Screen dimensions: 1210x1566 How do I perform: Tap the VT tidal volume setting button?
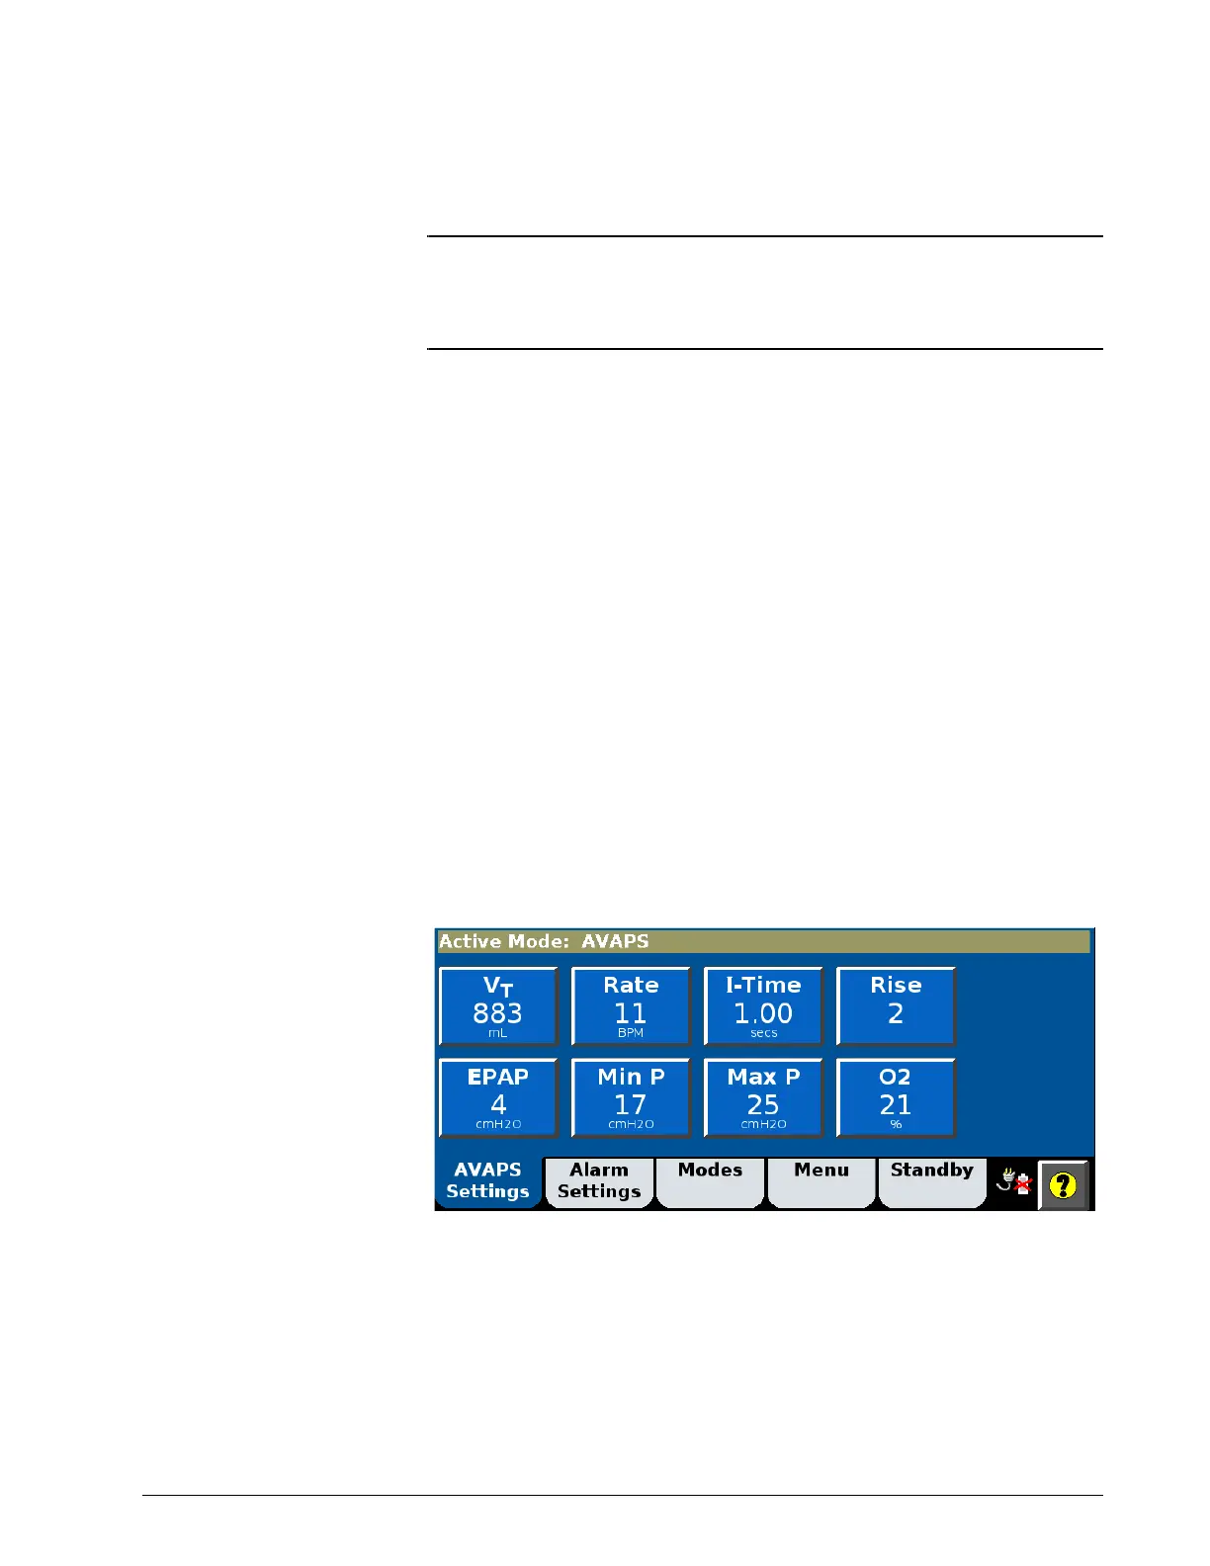click(498, 1005)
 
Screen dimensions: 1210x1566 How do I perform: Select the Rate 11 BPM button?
click(631, 1005)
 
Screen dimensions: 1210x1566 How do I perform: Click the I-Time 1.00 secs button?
click(763, 1005)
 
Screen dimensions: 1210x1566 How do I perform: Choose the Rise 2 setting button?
click(896, 1005)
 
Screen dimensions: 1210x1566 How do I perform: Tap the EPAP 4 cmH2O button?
click(498, 1097)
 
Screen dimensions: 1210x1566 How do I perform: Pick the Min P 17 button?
click(631, 1097)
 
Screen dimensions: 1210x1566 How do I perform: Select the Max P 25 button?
click(763, 1097)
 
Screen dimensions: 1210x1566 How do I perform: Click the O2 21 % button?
click(896, 1097)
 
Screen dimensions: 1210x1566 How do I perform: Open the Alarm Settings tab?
click(599, 1181)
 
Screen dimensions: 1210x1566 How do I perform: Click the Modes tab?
click(710, 1181)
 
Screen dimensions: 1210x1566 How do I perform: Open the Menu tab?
click(821, 1181)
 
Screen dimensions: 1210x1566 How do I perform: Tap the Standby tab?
click(932, 1181)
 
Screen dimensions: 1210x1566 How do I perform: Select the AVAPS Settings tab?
click(488, 1181)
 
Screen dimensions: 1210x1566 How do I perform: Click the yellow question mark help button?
click(1064, 1184)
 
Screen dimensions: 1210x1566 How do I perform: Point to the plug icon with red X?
click(1014, 1181)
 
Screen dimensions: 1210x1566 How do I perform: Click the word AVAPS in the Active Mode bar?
click(615, 941)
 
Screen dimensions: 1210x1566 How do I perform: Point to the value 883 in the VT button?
click(497, 1013)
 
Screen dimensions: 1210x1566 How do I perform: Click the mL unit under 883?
click(497, 1033)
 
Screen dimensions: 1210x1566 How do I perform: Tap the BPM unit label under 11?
click(631, 1033)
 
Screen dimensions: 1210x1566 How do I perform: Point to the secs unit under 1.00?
click(763, 1033)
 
